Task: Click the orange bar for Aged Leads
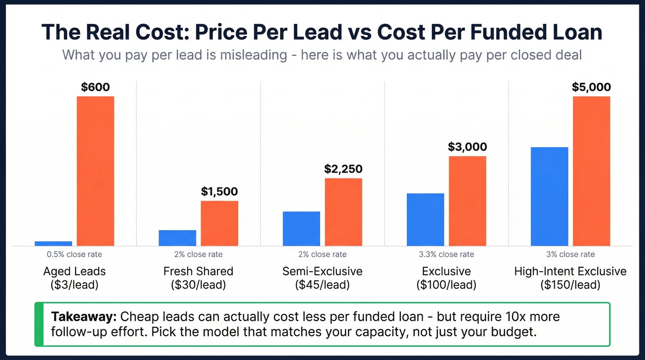coord(95,171)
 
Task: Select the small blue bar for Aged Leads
coord(53,243)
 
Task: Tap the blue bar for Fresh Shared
coord(177,238)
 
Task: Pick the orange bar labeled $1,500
coord(219,223)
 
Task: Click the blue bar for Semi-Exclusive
coord(301,228)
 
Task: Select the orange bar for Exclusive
coord(468,201)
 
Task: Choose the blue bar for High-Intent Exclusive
coord(549,196)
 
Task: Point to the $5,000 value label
coord(591,87)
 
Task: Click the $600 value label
coord(95,87)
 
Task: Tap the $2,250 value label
coord(343,169)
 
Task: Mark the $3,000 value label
coord(467,147)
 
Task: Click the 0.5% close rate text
coord(74,254)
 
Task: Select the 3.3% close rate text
coord(446,254)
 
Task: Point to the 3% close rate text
coord(570,254)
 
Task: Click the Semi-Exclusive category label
coord(322,271)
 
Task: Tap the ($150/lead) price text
coord(570,285)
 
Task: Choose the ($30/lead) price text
coord(198,285)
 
